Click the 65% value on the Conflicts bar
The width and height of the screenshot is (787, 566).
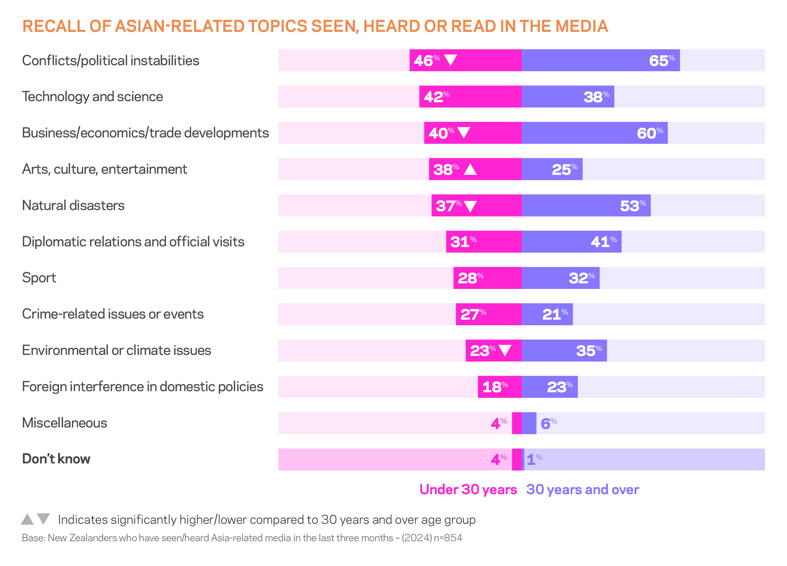coord(662,60)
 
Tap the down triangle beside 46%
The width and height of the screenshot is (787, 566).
coord(450,60)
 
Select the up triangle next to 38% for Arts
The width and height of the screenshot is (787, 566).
coord(470,169)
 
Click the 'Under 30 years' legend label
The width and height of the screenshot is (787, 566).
coord(468,489)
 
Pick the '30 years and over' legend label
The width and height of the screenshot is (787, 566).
coord(582,489)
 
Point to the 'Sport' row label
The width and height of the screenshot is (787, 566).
coord(39,278)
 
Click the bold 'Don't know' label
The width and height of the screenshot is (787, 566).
coord(56,459)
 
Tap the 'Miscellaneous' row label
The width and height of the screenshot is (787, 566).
coord(64,423)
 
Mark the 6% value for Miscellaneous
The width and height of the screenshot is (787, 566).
coord(548,423)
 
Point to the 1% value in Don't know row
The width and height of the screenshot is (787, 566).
coord(534,459)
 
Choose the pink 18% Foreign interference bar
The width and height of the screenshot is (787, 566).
coord(499,387)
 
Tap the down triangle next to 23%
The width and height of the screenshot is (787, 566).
coord(505,350)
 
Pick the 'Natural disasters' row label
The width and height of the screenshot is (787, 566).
coord(73,205)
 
